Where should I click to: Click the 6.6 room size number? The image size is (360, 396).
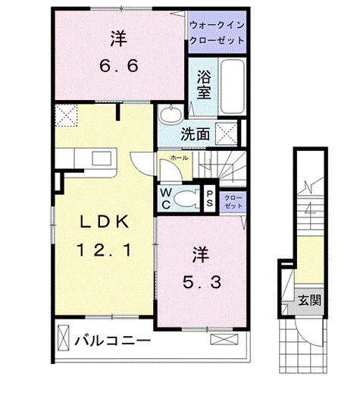[x=119, y=66]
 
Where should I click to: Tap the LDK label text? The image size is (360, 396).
[x=105, y=222]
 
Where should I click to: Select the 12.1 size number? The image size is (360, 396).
[x=105, y=250]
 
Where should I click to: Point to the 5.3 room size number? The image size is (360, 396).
[x=202, y=282]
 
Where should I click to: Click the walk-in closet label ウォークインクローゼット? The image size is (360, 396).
[x=217, y=33]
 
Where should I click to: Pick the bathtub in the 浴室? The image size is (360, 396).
[x=233, y=86]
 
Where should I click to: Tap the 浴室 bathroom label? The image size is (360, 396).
[x=204, y=84]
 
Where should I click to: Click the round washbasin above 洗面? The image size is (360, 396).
[x=171, y=114]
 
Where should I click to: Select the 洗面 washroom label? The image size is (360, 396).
[x=196, y=134]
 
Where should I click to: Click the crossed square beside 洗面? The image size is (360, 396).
[x=227, y=134]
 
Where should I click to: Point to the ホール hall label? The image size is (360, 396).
[x=180, y=158]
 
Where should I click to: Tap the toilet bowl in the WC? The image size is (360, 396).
[x=186, y=200]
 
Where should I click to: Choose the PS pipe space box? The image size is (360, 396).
[x=210, y=199]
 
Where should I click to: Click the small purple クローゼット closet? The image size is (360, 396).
[x=233, y=202]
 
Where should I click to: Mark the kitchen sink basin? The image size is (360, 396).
[x=102, y=159]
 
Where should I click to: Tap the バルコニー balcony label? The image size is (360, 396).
[x=112, y=341]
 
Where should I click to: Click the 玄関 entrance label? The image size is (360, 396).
[x=310, y=300]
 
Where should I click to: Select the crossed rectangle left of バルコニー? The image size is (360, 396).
[x=63, y=338]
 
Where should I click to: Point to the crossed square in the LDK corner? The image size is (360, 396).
[x=66, y=115]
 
